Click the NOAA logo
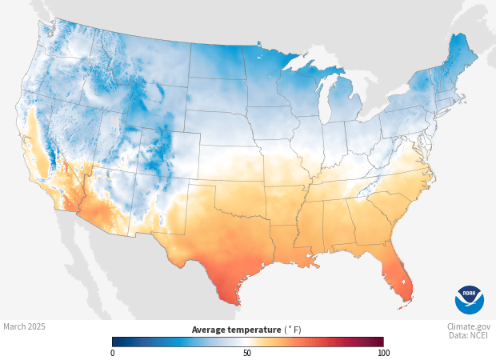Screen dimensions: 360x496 [469, 299]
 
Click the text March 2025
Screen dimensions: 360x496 [24, 326]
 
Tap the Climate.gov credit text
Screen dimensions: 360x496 [469, 326]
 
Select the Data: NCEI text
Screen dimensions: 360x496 [469, 336]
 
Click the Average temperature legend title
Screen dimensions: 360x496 [246, 330]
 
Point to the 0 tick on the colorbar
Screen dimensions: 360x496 [113, 353]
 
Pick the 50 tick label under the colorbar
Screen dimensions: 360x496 [247, 353]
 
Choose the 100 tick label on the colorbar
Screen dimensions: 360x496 [383, 353]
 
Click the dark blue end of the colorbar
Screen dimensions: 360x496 [115, 342]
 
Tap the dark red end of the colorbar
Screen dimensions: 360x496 [381, 342]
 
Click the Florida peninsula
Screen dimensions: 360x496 [399, 276]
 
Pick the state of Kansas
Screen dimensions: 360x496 [228, 160]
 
